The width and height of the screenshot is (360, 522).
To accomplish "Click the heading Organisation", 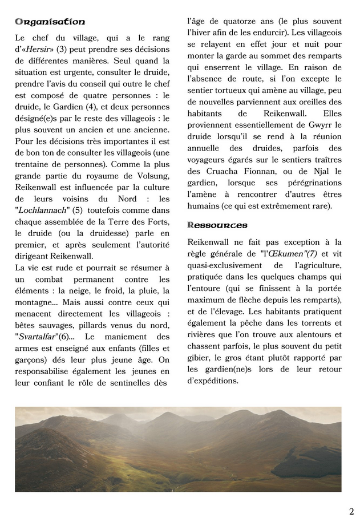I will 50,22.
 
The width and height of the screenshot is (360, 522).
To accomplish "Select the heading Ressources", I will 217,225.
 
